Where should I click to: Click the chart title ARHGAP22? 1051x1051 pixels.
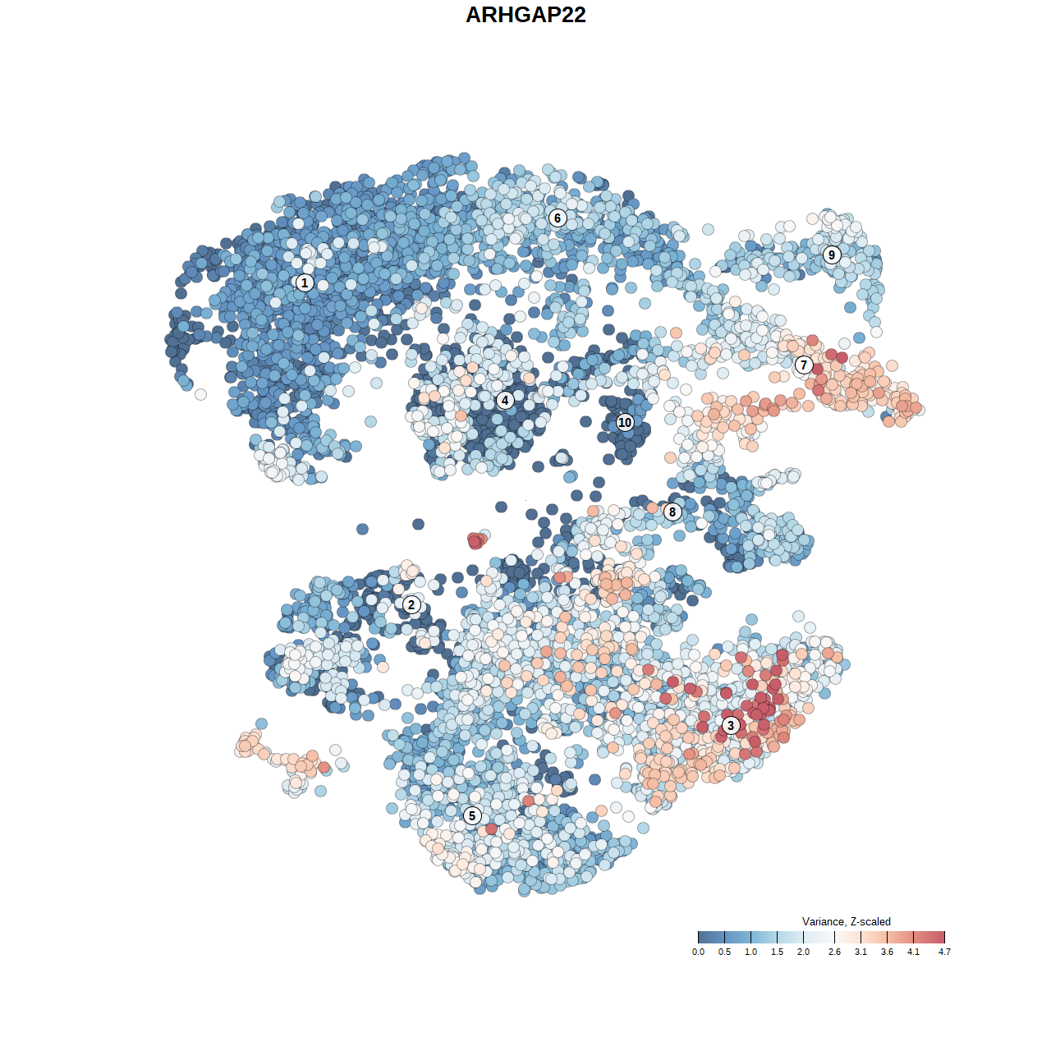pyautogui.click(x=525, y=16)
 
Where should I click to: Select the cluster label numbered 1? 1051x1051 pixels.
pyautogui.click(x=305, y=282)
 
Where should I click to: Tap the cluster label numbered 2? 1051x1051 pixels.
pyautogui.click(x=411, y=605)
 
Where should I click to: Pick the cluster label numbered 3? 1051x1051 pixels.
pyautogui.click(x=731, y=725)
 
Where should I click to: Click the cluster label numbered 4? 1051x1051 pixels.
pyautogui.click(x=505, y=401)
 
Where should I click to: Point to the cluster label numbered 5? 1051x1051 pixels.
pyautogui.click(x=472, y=815)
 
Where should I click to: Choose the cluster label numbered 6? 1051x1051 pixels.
pyautogui.click(x=558, y=218)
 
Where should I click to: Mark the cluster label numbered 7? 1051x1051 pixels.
pyautogui.click(x=804, y=365)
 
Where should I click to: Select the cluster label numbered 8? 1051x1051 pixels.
pyautogui.click(x=672, y=512)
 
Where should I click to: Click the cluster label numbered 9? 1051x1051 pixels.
pyautogui.click(x=832, y=255)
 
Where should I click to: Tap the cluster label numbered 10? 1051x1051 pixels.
pyautogui.click(x=625, y=422)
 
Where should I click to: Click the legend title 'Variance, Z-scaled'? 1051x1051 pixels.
pyautogui.click(x=846, y=921)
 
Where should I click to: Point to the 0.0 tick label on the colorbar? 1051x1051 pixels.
pyautogui.click(x=698, y=952)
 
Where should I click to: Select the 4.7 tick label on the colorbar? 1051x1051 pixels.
pyautogui.click(x=944, y=952)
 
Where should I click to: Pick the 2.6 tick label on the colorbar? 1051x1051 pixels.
pyautogui.click(x=834, y=952)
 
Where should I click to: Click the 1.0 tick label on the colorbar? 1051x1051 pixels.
pyautogui.click(x=750, y=952)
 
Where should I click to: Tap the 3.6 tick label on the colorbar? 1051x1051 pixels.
pyautogui.click(x=887, y=952)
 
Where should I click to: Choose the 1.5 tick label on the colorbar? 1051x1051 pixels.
pyautogui.click(x=777, y=952)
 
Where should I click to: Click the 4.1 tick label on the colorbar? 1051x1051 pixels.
pyautogui.click(x=913, y=952)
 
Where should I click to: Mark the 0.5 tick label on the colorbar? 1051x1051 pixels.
pyautogui.click(x=724, y=952)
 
